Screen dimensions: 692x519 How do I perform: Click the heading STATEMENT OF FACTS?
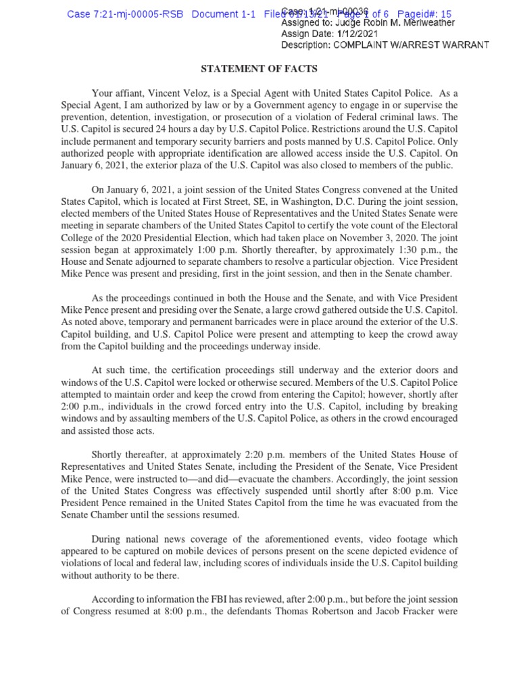259,69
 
